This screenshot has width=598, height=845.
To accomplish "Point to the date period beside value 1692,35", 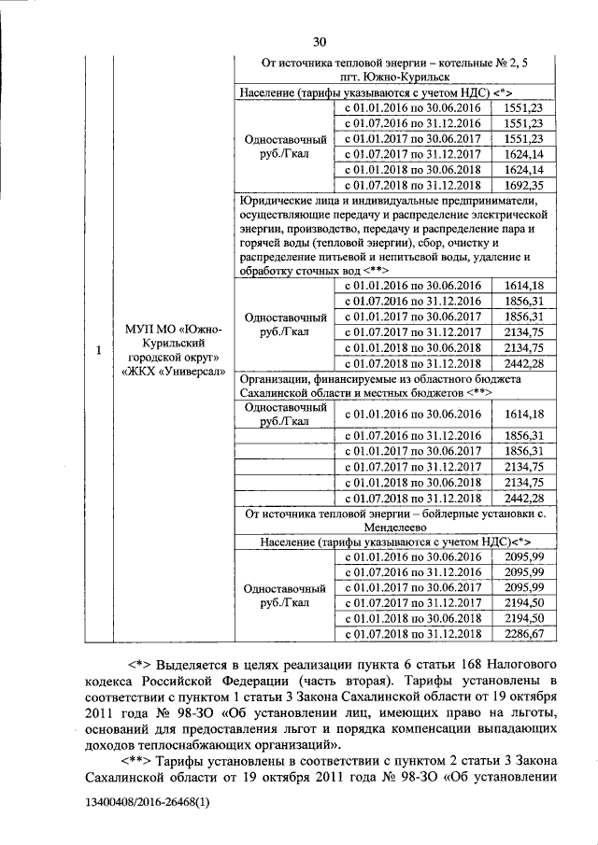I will click(413, 185).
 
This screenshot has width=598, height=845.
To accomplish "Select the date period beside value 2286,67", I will click(413, 634).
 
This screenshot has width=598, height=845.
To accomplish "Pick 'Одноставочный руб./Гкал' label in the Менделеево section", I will click(284, 597).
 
